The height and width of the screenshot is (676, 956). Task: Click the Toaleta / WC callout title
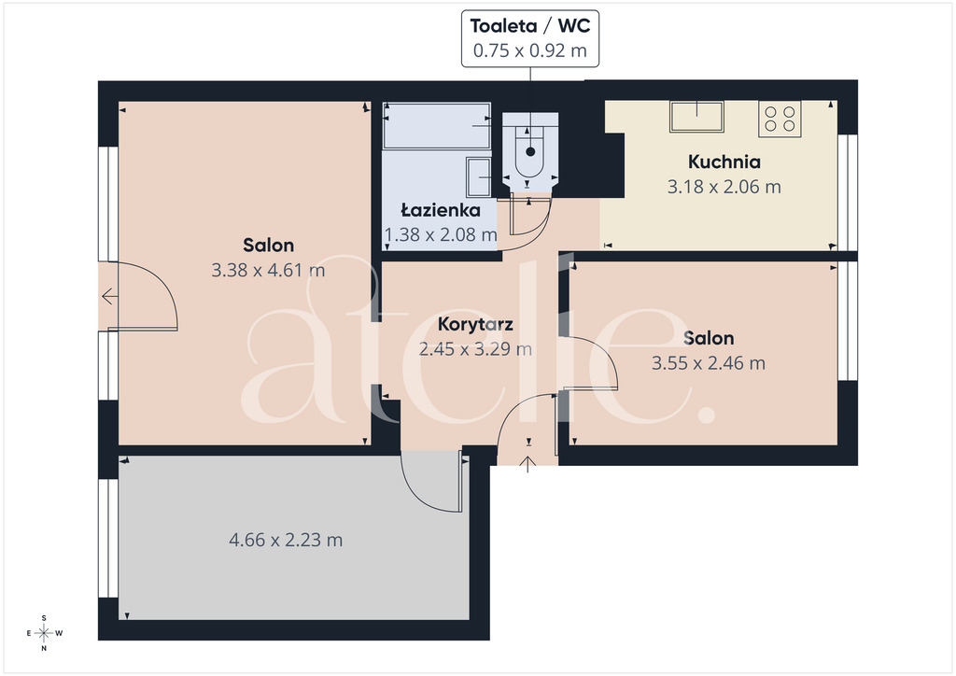(x=530, y=25)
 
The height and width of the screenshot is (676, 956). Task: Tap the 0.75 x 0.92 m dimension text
(x=530, y=50)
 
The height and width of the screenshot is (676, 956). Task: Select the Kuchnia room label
(x=724, y=162)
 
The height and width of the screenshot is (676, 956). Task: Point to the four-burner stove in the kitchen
(x=780, y=119)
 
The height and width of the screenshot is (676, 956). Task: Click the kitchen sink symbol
(x=696, y=117)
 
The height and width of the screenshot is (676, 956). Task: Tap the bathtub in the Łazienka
(x=437, y=125)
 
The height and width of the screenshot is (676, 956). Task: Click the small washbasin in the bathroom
(x=479, y=176)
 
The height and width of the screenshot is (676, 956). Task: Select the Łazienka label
(x=441, y=210)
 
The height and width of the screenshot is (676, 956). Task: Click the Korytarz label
(x=475, y=324)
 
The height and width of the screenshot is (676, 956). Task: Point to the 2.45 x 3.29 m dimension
(x=475, y=349)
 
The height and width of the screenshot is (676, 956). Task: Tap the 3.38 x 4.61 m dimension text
(x=268, y=270)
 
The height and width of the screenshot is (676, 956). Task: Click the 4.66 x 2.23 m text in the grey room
(x=286, y=540)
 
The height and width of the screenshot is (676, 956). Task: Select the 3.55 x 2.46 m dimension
(x=709, y=363)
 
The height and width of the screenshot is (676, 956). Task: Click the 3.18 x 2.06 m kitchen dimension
(x=724, y=187)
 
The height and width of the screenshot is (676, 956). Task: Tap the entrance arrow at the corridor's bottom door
(x=528, y=464)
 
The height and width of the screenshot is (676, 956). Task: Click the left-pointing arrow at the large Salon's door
(x=110, y=297)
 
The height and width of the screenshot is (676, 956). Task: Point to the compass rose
(x=44, y=633)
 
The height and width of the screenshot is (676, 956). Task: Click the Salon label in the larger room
(x=268, y=245)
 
